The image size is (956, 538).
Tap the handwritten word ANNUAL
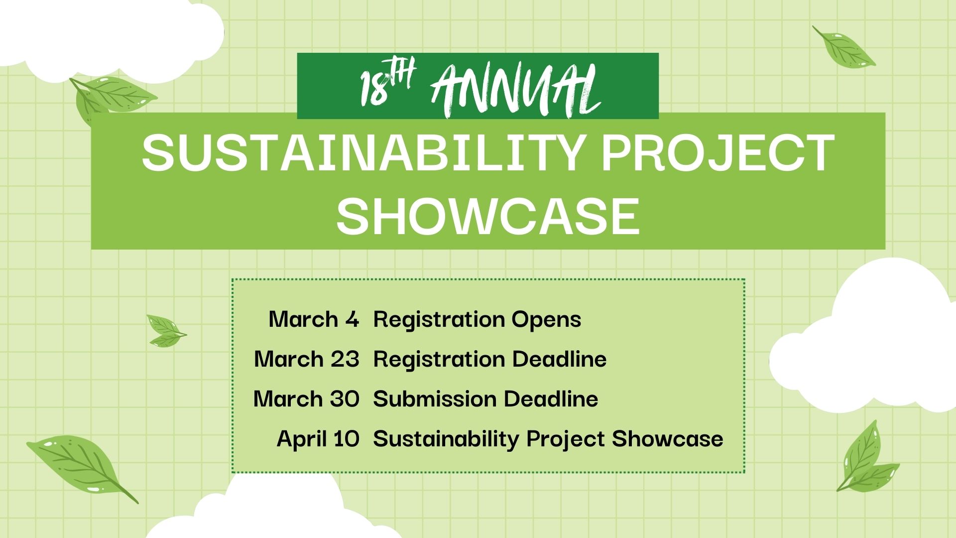(516, 92)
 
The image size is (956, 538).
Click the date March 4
(314, 319)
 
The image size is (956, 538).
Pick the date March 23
(307, 359)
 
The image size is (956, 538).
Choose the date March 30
(306, 399)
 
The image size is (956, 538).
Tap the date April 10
(318, 439)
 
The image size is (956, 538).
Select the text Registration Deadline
(490, 359)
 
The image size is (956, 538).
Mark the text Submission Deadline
(485, 399)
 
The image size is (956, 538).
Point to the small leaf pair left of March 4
(166, 330)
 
